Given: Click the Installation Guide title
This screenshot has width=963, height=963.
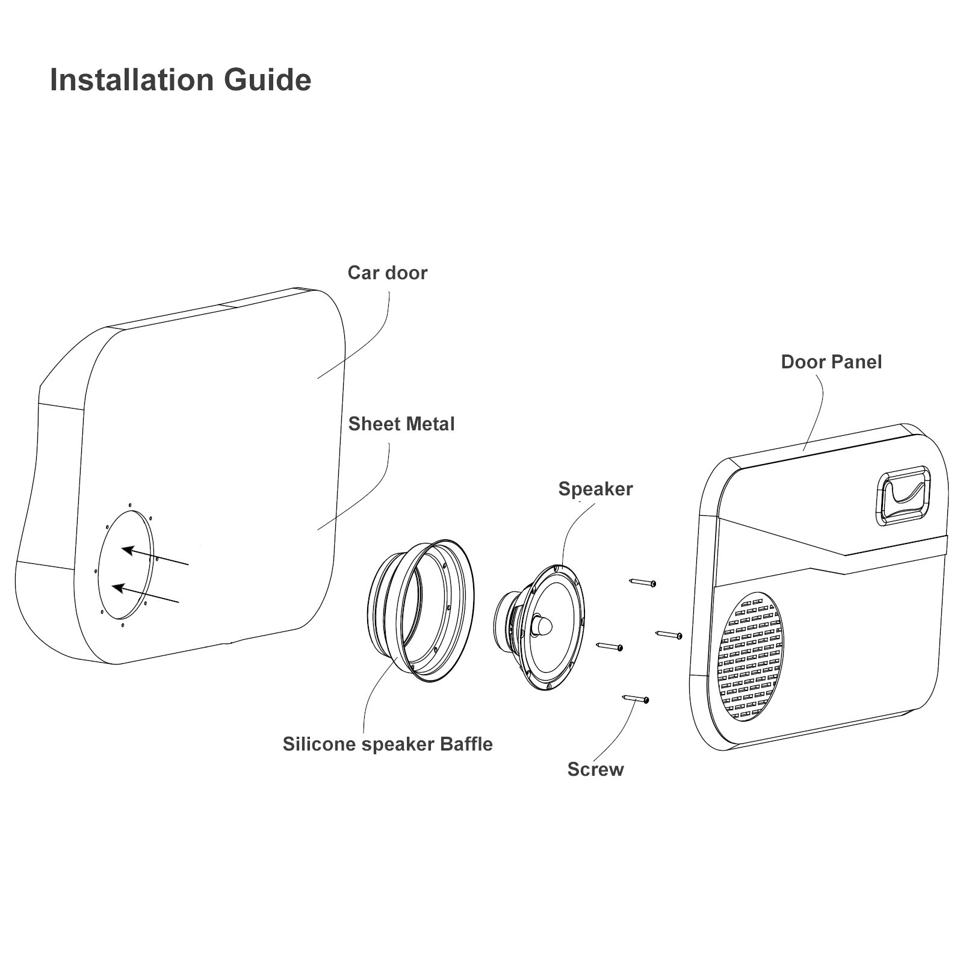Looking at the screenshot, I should (180, 79).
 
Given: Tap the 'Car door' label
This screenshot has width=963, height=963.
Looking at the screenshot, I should (387, 273).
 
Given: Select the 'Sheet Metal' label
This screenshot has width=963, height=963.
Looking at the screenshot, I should (401, 424).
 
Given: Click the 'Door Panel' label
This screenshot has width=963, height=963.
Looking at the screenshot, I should (831, 362).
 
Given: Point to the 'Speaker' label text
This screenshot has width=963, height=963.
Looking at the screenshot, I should (595, 489).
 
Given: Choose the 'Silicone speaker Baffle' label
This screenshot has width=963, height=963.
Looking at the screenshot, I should (387, 744).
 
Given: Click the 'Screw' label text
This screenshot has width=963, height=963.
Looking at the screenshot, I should (595, 769).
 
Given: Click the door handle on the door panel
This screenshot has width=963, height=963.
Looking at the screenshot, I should (903, 495).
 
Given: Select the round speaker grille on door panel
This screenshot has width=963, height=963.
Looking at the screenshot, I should (750, 657).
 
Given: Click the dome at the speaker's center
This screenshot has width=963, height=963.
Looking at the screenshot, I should (542, 625).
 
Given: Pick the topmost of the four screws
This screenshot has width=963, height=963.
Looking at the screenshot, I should (642, 583).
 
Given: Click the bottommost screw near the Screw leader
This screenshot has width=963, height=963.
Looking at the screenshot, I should (635, 699).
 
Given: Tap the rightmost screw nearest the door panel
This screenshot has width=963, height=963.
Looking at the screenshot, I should (668, 634).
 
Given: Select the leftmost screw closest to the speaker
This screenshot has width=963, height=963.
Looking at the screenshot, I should (609, 646).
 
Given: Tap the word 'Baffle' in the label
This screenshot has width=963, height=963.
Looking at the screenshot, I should (466, 744).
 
